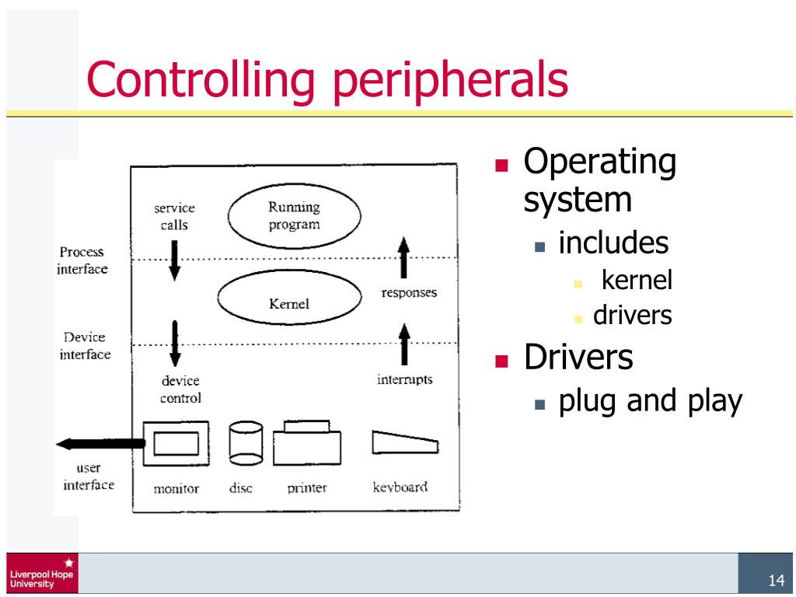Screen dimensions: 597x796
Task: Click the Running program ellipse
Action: (x=294, y=215)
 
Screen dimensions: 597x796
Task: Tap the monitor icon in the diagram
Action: (x=175, y=444)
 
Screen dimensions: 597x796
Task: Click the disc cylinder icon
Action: (x=246, y=444)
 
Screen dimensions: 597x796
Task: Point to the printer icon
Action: (x=306, y=445)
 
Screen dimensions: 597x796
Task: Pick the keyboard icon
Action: (x=404, y=443)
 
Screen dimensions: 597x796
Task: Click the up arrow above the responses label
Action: (x=403, y=258)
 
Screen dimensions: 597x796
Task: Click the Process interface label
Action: (x=82, y=260)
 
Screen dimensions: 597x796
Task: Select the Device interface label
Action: (x=85, y=346)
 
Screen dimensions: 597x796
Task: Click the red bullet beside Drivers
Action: (x=502, y=360)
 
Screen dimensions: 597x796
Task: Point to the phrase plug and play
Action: (x=650, y=402)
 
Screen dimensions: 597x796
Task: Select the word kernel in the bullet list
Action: (x=637, y=281)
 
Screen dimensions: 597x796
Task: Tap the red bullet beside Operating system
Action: (x=502, y=166)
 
